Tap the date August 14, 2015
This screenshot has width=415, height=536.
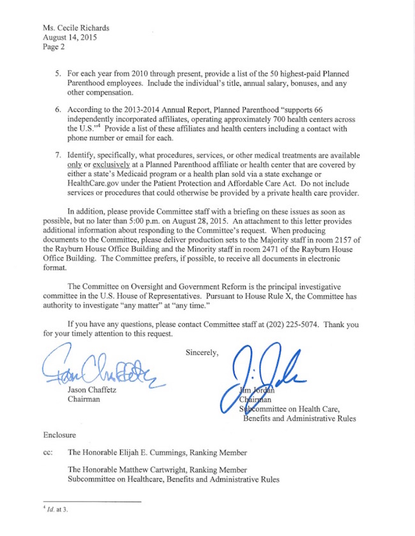click(66, 37)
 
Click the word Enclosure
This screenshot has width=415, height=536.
click(59, 435)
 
